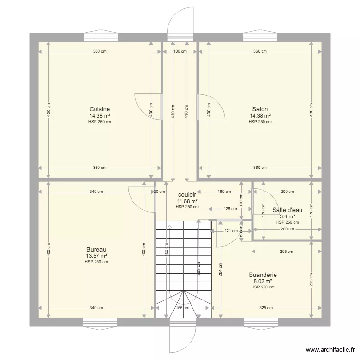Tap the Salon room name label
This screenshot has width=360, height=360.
[260, 109]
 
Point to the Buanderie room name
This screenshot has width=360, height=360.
[263, 275]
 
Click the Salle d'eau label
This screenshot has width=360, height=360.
[287, 210]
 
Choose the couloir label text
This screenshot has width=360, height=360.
[187, 195]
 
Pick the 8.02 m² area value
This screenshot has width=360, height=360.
[263, 281]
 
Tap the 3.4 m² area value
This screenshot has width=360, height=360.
[287, 216]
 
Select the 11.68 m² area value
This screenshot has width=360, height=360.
[187, 201]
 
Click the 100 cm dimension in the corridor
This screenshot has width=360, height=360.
[180, 51]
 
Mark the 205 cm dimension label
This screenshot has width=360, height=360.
[287, 251]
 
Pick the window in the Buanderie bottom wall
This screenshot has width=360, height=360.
[260, 322]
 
